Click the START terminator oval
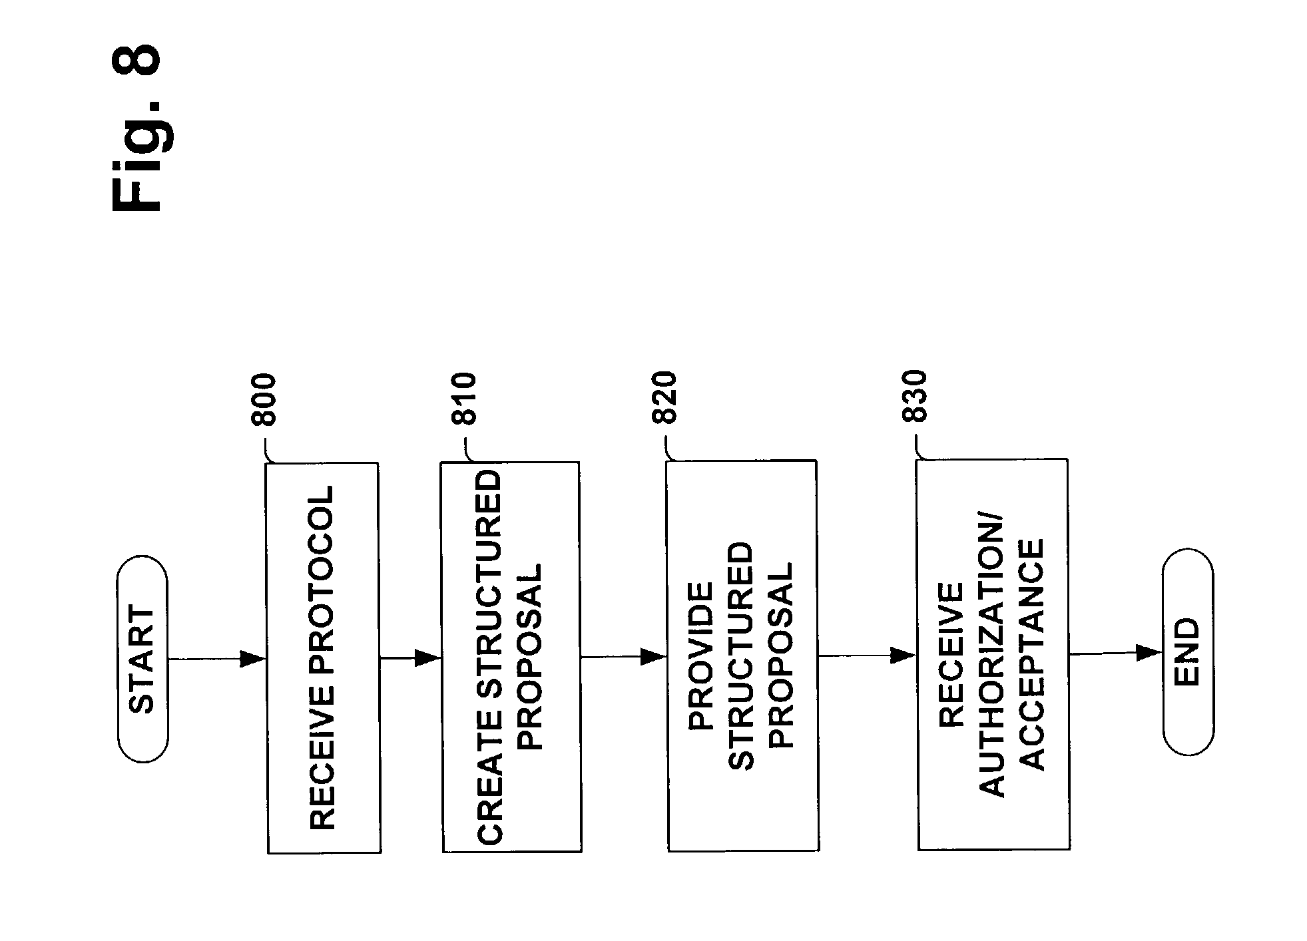click(x=142, y=659)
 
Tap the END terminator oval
click(x=1188, y=652)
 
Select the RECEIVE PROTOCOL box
click(x=323, y=658)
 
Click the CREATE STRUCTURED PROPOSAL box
click(x=511, y=657)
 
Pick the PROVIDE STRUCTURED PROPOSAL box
click(x=742, y=656)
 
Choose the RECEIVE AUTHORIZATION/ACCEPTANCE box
click(x=993, y=654)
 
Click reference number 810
click(x=464, y=399)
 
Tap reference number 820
click(x=663, y=397)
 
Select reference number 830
click(x=914, y=396)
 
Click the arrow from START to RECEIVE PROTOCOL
click(x=217, y=659)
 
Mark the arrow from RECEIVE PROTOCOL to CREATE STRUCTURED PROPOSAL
click(x=411, y=658)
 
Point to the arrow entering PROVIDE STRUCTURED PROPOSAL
click(x=624, y=657)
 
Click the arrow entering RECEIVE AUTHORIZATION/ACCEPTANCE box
click(x=868, y=656)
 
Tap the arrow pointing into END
click(x=1117, y=654)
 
